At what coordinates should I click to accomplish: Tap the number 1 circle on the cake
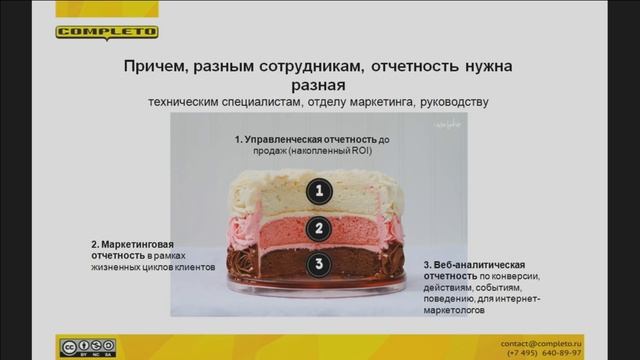coord(317,191)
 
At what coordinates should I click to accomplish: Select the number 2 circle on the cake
coord(317,228)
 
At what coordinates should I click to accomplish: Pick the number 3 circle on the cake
coord(317,265)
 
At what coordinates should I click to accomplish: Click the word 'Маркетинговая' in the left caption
coord(134,244)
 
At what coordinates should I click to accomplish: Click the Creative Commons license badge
coord(87,347)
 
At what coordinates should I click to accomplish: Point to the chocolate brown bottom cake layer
coord(270,266)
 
